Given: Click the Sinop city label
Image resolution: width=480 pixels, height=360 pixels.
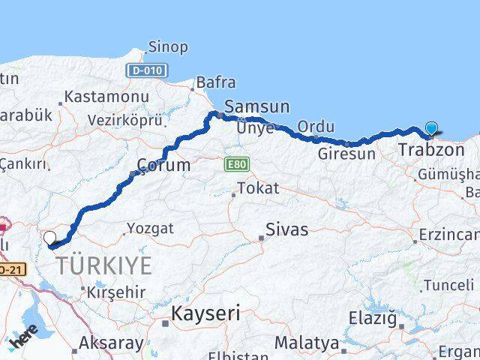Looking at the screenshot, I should pos(168,47).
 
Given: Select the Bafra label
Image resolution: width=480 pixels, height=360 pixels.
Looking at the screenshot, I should pos(215,82).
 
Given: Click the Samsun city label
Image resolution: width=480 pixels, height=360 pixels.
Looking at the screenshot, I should pos(256,107).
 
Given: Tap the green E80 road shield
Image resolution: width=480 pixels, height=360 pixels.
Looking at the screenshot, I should pos(234,163).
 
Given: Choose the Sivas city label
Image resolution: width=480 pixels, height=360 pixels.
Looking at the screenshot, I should pos(288,229).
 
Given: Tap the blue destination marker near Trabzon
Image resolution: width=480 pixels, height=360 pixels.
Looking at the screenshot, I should pos(432,129).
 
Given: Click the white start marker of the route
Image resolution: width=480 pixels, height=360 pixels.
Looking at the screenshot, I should pos(50,238).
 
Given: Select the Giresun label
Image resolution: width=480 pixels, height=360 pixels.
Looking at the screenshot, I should pos(346,154).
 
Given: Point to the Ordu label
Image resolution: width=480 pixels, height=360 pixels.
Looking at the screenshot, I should pos(316,127).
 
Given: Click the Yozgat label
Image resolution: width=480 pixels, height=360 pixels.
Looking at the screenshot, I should pos(149,228).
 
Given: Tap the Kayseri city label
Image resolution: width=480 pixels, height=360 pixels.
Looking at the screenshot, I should pos(206,313).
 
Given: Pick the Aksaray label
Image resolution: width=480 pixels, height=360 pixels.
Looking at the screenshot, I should pos(112,343).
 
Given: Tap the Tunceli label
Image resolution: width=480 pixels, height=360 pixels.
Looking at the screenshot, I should pos(448,285).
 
